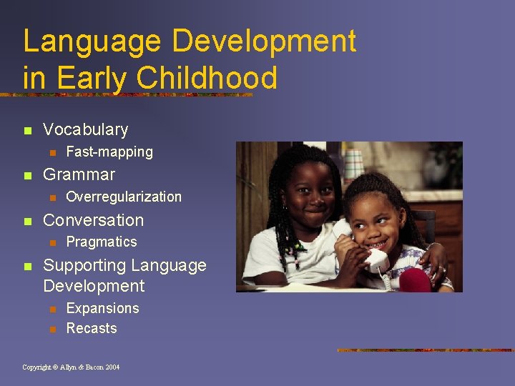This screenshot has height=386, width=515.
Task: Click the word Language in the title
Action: click(x=92, y=42)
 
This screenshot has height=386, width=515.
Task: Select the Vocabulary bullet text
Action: click(x=85, y=130)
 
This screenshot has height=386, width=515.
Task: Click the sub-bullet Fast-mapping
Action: click(x=109, y=152)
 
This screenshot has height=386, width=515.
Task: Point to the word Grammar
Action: click(x=79, y=174)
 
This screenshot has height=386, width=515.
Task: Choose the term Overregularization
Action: click(x=123, y=197)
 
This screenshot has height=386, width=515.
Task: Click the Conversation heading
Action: click(x=93, y=220)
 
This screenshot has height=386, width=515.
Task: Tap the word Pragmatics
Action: click(x=101, y=242)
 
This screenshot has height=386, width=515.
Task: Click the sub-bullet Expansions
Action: click(x=102, y=308)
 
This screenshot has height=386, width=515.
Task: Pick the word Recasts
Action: click(x=91, y=329)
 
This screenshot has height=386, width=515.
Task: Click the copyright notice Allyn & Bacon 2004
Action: click(x=71, y=367)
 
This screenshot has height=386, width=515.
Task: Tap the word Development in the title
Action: click(x=263, y=42)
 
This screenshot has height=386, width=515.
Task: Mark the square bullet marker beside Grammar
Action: click(x=27, y=175)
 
